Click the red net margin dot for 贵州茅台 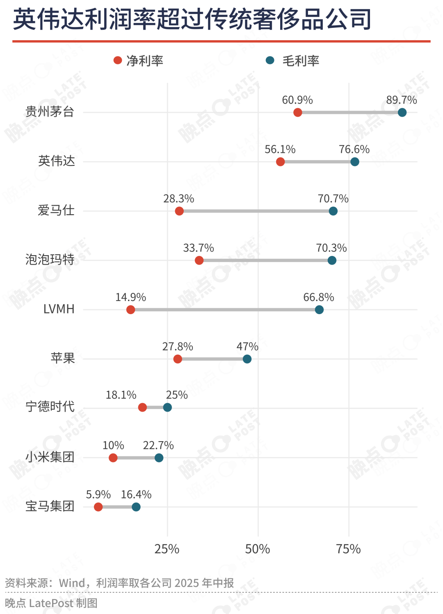pos(298,112)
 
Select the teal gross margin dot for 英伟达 pos(355,162)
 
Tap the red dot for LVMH pos(130,310)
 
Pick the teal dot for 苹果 pos(247,359)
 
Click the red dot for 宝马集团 pos(98,507)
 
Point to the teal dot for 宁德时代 pos(167,408)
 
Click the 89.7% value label pos(401,100)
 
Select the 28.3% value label pos(178,199)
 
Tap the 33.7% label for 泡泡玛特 pos(199,248)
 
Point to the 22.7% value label pos(158,446)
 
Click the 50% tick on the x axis pos(258,549)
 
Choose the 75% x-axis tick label pos(348,549)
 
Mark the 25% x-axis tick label pos(167,549)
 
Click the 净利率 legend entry pos(139,61)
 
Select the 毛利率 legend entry pos(293,61)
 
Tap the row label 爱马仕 pos(56,211)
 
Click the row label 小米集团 pos(50,457)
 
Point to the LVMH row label pos(59,309)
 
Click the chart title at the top pos(192,20)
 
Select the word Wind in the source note pos(72,583)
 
